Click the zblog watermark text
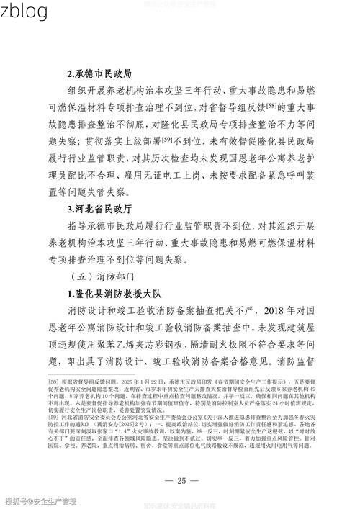(x=24, y=12)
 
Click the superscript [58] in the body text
(x=271, y=105)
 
